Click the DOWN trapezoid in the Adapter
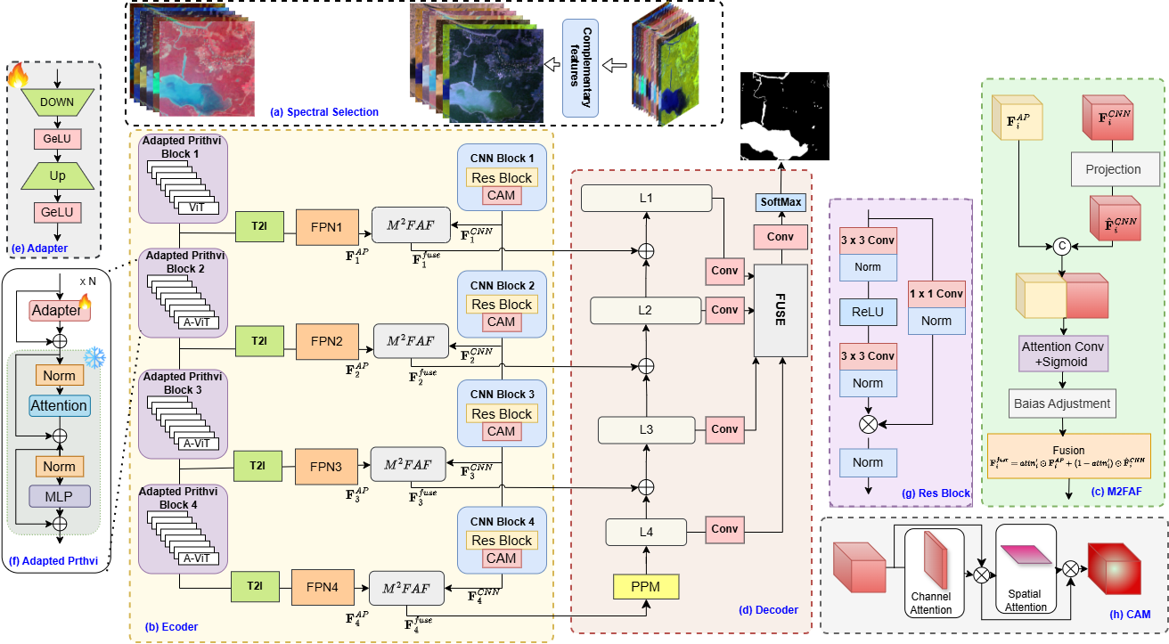click(57, 102)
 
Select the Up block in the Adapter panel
click(57, 175)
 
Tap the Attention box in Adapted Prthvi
click(59, 405)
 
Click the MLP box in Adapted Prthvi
click(59, 495)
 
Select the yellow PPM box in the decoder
click(646, 588)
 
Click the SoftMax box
click(781, 202)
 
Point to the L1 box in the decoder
click(647, 199)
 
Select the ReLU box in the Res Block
click(867, 312)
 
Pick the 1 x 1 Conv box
click(936, 293)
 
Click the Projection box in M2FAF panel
click(1112, 168)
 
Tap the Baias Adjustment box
click(1062, 404)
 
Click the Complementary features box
click(580, 68)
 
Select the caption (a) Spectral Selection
click(324, 112)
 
